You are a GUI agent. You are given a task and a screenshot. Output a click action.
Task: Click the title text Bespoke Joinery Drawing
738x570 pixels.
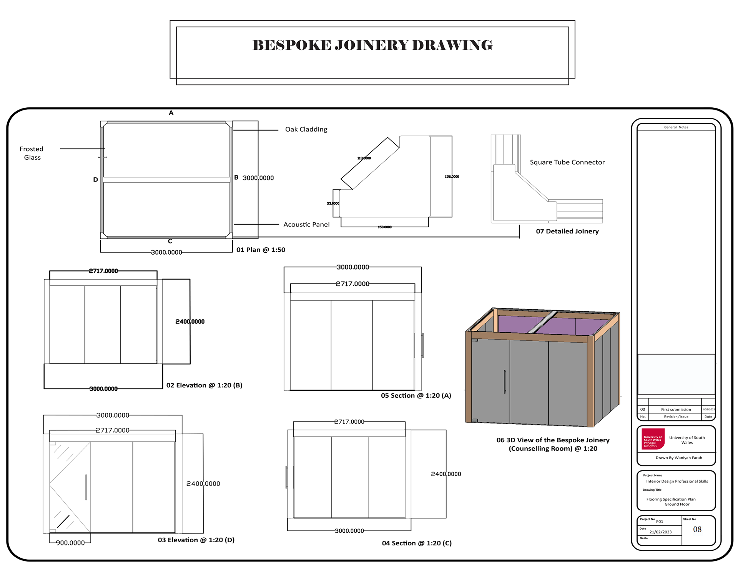tap(372, 45)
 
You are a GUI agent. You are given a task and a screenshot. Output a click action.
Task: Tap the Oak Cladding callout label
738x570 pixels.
tap(306, 130)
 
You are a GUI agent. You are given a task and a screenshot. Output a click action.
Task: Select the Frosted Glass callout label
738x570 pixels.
tap(32, 153)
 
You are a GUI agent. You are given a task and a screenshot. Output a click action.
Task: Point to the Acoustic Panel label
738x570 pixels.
tap(306, 225)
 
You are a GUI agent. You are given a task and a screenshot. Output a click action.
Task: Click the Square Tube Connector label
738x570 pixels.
tap(567, 162)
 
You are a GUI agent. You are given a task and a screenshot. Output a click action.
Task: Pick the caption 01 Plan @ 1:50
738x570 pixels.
tap(261, 250)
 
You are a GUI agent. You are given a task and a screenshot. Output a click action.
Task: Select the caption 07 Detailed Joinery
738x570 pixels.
tap(567, 232)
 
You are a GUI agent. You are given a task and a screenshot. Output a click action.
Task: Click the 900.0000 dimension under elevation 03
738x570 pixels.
tap(70, 543)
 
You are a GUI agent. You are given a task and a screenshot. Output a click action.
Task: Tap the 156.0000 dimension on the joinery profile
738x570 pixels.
tap(452, 177)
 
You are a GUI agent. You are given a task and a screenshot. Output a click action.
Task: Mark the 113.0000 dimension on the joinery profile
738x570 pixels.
tap(364, 158)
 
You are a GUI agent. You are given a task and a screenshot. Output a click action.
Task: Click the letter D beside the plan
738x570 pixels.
tap(95, 180)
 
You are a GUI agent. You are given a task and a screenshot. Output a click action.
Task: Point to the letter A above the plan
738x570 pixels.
tap(171, 113)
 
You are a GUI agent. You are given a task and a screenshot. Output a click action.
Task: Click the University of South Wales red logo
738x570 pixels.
tap(653, 439)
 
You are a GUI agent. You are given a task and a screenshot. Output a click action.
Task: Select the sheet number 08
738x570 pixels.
tap(697, 530)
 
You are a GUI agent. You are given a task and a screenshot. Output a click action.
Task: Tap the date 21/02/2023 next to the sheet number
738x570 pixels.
tap(660, 532)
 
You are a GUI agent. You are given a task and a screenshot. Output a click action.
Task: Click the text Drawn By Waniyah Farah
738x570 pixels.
tap(678, 458)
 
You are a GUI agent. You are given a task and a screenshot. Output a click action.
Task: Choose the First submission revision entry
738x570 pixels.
tap(676, 410)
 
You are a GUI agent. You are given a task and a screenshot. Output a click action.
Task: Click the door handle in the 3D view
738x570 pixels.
tap(505, 382)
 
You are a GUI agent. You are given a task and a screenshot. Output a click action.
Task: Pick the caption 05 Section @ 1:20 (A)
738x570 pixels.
tap(416, 396)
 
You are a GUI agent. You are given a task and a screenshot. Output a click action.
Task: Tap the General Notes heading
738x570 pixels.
tap(676, 127)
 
